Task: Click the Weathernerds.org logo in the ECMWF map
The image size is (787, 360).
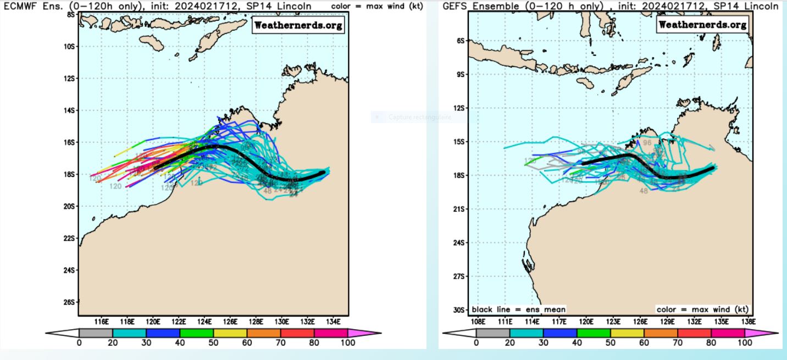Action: [298, 25]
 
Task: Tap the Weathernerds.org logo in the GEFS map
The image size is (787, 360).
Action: [702, 25]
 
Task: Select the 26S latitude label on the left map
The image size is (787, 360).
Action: [71, 302]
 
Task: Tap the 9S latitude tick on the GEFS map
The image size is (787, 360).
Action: [460, 74]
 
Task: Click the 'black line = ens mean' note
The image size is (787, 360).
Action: [518, 309]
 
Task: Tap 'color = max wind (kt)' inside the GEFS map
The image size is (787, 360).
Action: [702, 309]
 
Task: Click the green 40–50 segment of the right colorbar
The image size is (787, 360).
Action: [594, 333]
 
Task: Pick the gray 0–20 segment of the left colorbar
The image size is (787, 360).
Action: [96, 333]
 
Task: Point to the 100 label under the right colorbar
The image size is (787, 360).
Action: [745, 342]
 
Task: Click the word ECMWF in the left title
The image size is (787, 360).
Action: [19, 5]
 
